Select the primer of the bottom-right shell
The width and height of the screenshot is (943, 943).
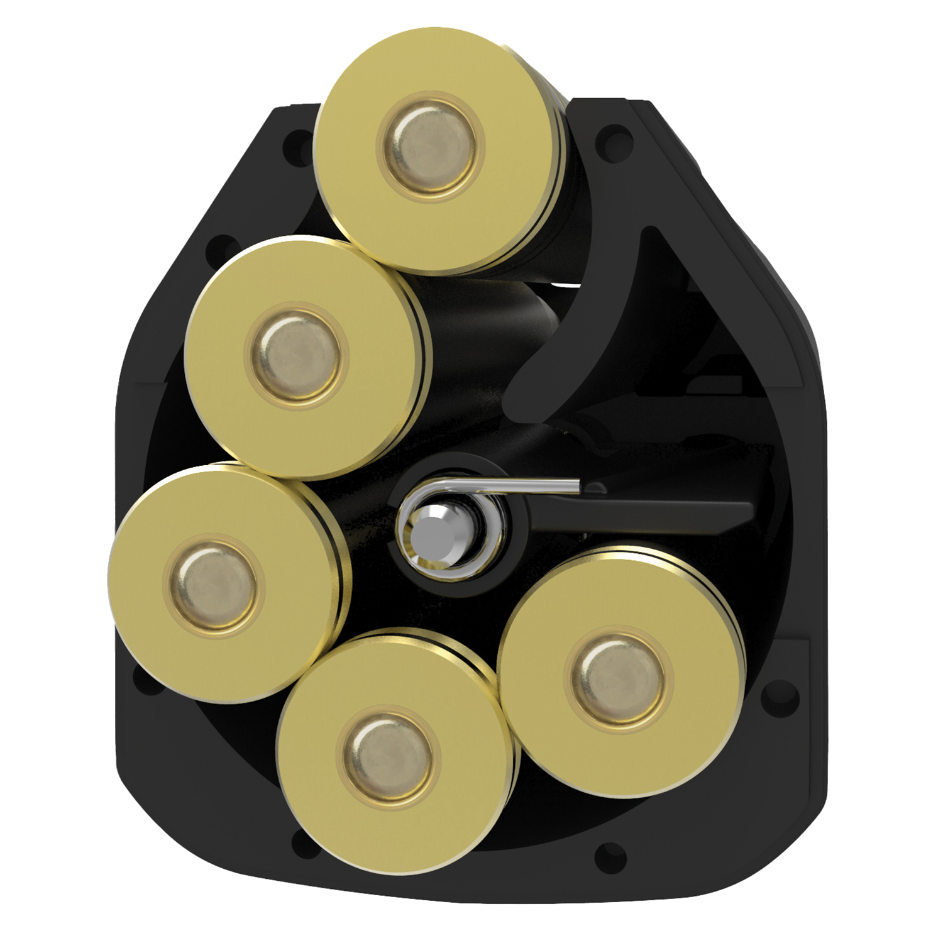619,679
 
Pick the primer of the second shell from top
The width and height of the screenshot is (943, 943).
296,356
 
